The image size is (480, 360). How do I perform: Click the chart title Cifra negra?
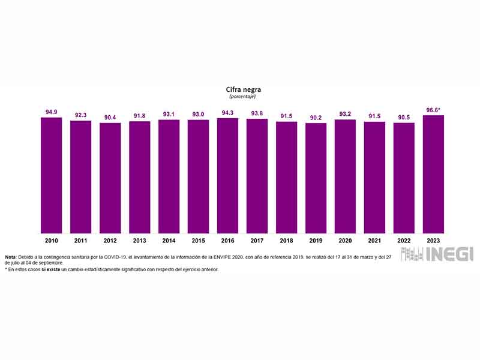coord(239,89)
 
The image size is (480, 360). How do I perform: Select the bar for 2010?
coord(52,175)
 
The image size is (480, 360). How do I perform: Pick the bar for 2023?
coord(433,174)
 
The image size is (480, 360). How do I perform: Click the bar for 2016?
coord(227,175)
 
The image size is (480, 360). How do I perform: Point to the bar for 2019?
coord(316,178)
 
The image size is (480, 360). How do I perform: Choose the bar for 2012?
coord(110,178)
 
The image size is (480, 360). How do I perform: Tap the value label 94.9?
coord(52,112)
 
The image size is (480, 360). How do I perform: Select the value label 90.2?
coord(316,118)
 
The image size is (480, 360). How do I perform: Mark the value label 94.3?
coord(227,113)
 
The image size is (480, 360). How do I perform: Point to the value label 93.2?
coord(345,114)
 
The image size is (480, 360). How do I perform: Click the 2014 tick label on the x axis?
coord(169,240)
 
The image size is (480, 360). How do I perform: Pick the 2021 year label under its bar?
coord(374,240)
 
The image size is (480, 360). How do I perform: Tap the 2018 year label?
coord(286,240)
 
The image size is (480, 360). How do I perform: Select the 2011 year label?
coord(80,240)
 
